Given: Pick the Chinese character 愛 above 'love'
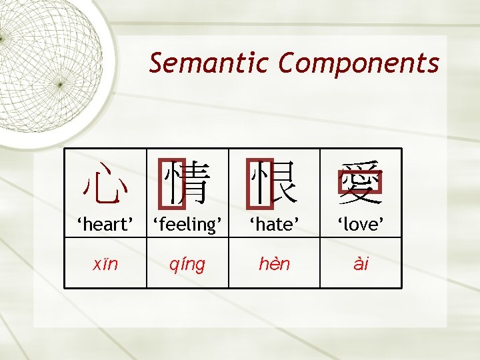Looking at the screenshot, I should (x=361, y=183).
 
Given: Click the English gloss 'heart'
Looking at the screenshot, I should (x=105, y=225).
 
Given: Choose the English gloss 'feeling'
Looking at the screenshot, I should (x=187, y=225).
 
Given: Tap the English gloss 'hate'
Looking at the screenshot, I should (x=274, y=225).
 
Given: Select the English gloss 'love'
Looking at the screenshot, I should (x=361, y=225).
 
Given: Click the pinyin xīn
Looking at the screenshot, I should (x=105, y=264).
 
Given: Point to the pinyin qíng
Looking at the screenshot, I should (x=187, y=265).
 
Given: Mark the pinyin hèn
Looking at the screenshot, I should (x=274, y=264).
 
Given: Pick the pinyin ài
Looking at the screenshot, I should (x=361, y=264).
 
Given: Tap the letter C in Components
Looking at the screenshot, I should (x=287, y=63).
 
